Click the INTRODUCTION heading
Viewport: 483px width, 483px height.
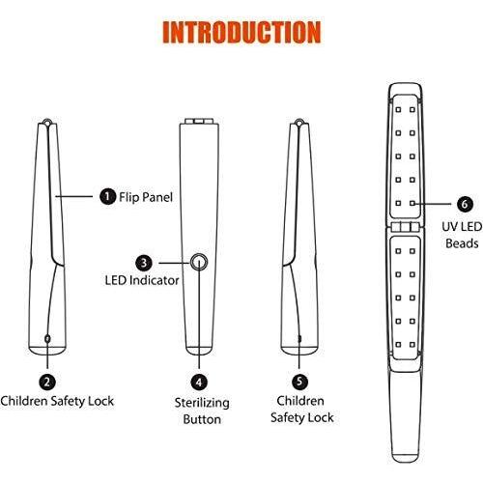click(x=241, y=32)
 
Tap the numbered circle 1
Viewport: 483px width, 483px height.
click(x=107, y=196)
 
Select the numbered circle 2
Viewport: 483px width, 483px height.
click(x=47, y=382)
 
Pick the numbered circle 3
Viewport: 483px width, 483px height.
click(x=144, y=263)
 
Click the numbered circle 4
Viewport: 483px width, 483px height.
click(x=199, y=383)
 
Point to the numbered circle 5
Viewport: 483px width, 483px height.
click(x=299, y=382)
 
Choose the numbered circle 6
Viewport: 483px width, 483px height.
click(x=465, y=204)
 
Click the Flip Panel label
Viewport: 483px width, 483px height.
click(x=146, y=197)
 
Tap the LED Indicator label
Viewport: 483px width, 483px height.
click(x=142, y=280)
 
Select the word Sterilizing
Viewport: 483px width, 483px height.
click(x=202, y=403)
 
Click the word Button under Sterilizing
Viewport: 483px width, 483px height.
click(x=202, y=419)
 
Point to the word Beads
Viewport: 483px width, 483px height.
click(x=462, y=243)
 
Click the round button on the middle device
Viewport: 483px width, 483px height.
click(x=199, y=263)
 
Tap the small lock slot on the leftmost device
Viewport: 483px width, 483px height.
click(x=47, y=338)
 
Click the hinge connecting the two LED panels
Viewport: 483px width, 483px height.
click(x=406, y=227)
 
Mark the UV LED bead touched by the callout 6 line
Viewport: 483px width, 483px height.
click(x=412, y=204)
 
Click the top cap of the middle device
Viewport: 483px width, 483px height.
click(x=199, y=121)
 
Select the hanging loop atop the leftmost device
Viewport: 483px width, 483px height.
click(x=47, y=122)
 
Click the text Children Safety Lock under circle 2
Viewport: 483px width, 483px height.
click(x=57, y=401)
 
